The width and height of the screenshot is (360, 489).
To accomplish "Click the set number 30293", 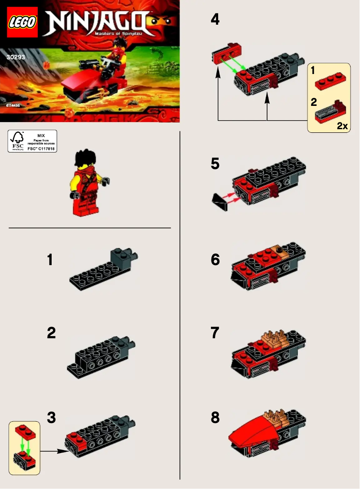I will click(x=16, y=57).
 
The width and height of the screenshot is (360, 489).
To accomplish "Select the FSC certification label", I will click(x=32, y=141).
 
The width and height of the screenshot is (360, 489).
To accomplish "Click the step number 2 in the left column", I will click(x=52, y=333).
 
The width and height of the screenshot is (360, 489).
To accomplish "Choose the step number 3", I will click(x=52, y=418).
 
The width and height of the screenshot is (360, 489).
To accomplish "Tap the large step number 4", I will click(x=215, y=19).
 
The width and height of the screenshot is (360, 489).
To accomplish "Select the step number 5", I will click(x=215, y=165).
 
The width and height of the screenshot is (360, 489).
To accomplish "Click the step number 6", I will click(x=215, y=260).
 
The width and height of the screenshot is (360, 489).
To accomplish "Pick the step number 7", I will click(x=215, y=333).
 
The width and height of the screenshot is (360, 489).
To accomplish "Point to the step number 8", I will click(x=215, y=418).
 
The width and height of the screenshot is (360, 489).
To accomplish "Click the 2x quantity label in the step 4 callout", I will click(x=342, y=126).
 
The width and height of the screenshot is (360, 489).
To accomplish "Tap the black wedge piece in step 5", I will click(x=220, y=201).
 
